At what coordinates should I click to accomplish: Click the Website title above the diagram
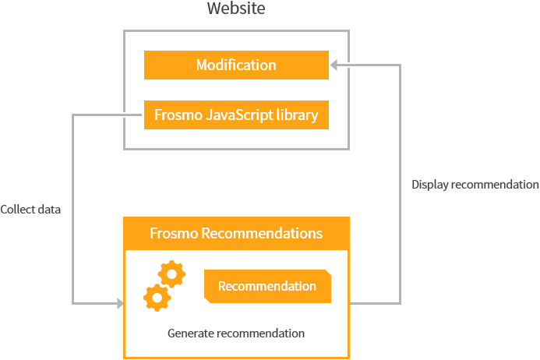click(236, 9)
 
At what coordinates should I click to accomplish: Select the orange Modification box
click(236, 65)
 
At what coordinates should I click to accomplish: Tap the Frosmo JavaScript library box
click(236, 115)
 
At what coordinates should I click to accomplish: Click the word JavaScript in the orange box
click(236, 115)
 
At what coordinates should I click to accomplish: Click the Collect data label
click(30, 210)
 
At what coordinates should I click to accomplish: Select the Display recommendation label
click(475, 185)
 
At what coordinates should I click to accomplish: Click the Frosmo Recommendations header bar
click(236, 233)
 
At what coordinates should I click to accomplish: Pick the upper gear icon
click(171, 274)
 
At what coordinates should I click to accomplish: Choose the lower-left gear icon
click(157, 297)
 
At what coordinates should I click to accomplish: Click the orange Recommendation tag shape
click(267, 286)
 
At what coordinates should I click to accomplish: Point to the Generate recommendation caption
click(236, 333)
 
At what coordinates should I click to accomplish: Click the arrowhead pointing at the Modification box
click(334, 65)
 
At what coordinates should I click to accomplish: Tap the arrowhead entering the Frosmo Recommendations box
click(119, 302)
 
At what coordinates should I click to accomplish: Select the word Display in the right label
click(429, 185)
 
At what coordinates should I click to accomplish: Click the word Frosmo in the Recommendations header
click(174, 233)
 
